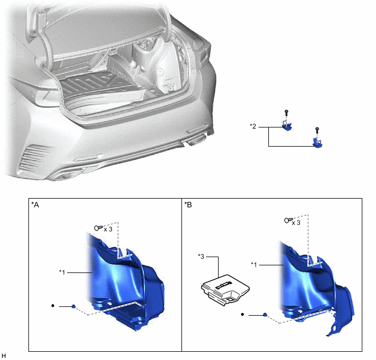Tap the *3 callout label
coord(202,256)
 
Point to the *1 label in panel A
coord(64,271)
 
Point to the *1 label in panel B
coord(255,265)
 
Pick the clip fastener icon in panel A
coord(98,228)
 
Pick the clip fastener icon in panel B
coord(286,221)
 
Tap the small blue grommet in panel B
coord(265,315)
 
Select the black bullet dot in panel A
coord(52,306)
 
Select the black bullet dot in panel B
coord(243,315)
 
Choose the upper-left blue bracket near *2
coord(286,126)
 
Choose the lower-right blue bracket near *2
coord(317,143)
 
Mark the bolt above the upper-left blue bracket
coord(286,112)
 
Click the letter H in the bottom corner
coord(4,356)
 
